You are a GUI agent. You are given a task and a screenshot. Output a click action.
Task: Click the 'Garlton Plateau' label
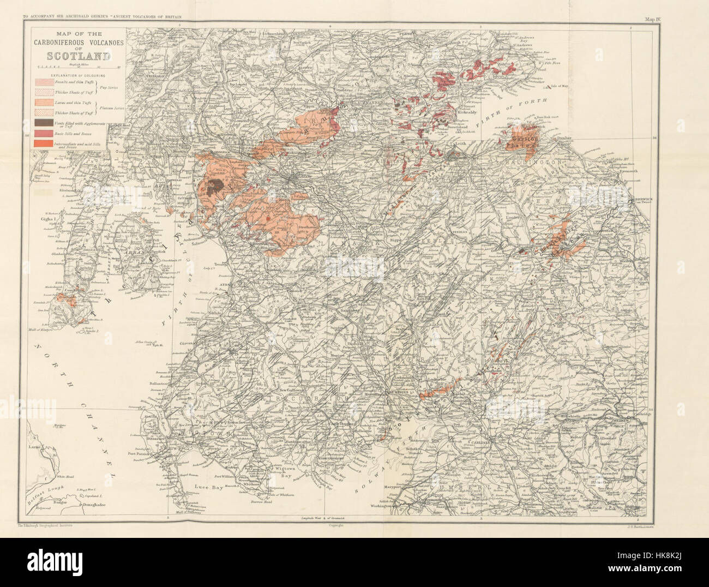coord(525,142)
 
